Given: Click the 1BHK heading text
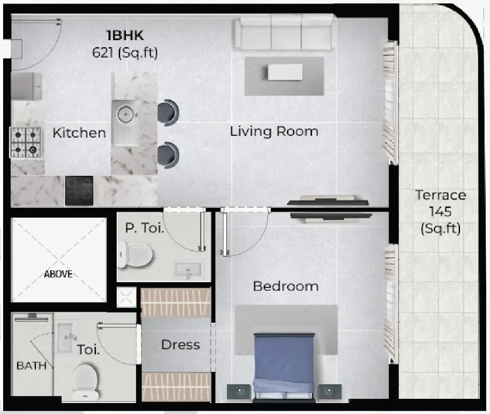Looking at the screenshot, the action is coord(125,35).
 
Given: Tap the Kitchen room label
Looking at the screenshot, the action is coord(79,133).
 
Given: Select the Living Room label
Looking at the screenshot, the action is coord(274,132).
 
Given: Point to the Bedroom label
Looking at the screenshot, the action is coord(286,287).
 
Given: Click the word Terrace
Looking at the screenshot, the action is coord(441,195).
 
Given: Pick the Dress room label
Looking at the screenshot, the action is coord(181,345).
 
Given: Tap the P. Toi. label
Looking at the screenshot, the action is coord(145,228).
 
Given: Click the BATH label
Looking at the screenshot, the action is coord(32,366).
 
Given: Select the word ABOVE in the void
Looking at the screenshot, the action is coord(58,274).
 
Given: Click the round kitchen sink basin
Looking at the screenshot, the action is coord(126,115).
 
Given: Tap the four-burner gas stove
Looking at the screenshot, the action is coord(25,143).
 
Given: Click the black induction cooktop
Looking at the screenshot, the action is coord(79,191).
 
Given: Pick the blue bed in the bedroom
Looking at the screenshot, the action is coord(284,367).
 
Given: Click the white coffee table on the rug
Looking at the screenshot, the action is coord(285,72).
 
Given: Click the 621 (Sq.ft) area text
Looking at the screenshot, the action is coord(125,53).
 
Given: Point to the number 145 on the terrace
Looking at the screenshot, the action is coord(441,212).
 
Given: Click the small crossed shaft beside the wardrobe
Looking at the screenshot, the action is coord(126,297).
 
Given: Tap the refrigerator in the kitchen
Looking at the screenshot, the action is coord(26,86).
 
